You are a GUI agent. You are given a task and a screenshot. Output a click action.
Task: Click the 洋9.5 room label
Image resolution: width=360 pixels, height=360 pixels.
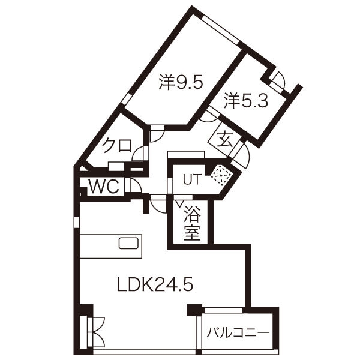(x=181, y=82)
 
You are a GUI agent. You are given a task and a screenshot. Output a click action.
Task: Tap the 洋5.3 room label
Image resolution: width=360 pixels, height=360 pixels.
(x=246, y=101)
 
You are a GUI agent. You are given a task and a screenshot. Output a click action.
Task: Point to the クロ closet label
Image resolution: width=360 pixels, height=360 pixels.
(x=117, y=146)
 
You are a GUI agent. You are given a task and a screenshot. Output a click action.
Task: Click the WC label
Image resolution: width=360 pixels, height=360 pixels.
(x=104, y=187)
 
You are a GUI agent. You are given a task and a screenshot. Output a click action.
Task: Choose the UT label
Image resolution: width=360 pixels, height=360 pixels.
(x=193, y=179)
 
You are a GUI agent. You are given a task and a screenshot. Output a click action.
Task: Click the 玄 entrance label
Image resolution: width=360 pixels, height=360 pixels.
(x=225, y=139)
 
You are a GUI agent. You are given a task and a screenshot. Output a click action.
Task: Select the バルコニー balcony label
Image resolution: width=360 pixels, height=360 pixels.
(x=238, y=332)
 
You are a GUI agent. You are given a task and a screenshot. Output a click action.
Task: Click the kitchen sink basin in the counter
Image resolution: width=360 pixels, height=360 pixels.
(x=128, y=244)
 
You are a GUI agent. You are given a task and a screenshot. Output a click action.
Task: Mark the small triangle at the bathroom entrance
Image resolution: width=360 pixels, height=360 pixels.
(x=179, y=203)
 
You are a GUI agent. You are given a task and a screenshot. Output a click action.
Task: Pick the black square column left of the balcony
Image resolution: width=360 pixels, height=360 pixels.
(x=194, y=310)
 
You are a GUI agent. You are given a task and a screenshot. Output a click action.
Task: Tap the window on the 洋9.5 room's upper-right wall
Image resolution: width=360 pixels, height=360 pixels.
(x=220, y=29)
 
